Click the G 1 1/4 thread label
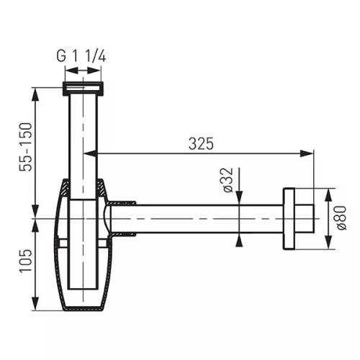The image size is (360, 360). click(x=82, y=53)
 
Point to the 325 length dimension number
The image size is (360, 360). click(x=202, y=143)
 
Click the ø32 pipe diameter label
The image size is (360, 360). click(x=226, y=181)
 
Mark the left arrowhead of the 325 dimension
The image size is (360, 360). click(x=91, y=152)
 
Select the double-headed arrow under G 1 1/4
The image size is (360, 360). click(x=83, y=71)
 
